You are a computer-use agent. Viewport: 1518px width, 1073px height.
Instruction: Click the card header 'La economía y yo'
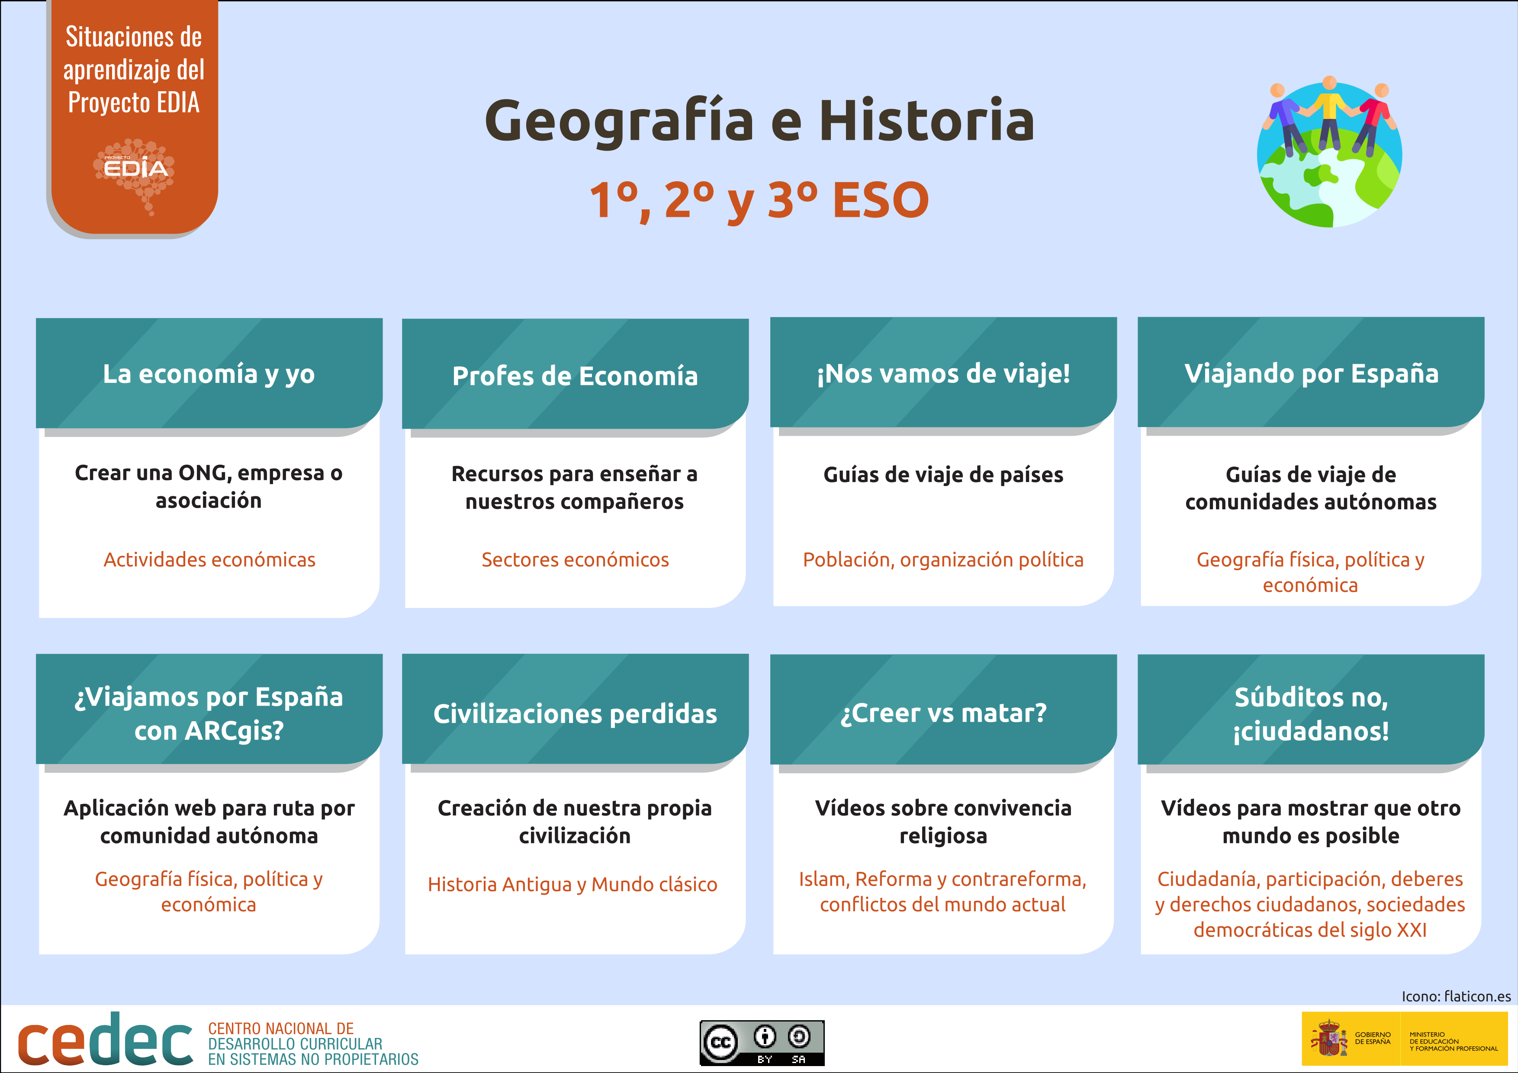click(209, 373)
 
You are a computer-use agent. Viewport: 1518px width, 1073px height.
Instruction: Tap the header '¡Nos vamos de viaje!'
click(943, 373)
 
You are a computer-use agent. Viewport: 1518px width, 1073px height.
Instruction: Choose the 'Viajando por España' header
click(1311, 373)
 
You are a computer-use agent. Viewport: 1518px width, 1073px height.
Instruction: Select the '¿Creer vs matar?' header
click(943, 712)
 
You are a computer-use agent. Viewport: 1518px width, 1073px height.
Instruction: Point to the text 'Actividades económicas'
click(209, 559)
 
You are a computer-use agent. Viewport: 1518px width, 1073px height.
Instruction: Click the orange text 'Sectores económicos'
click(575, 559)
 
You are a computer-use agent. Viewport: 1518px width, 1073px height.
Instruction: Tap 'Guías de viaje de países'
click(943, 475)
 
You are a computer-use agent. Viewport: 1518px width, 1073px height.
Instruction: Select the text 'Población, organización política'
click(943, 560)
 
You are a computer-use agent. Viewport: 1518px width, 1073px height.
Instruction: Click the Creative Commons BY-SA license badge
click(762, 1043)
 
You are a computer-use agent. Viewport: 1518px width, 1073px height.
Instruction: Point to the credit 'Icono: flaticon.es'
click(1456, 996)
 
